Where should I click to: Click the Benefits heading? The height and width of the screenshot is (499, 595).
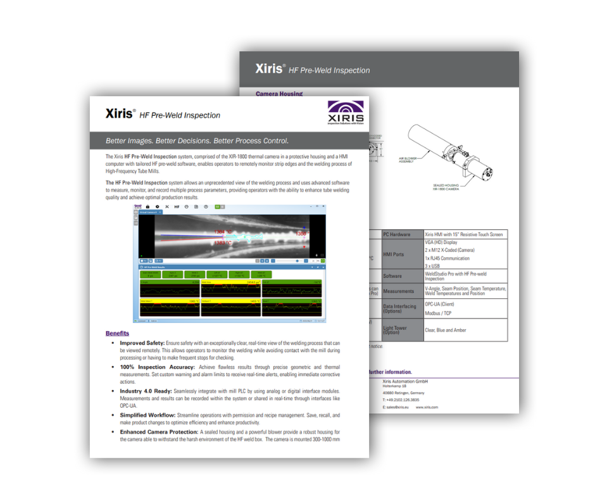pyautogui.click(x=117, y=333)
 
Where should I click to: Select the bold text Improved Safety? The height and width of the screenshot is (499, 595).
pyautogui.click(x=142, y=343)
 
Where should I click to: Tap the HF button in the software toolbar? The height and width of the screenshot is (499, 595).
pyautogui.click(x=177, y=206)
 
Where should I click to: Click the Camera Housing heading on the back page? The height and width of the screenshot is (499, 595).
pyautogui.click(x=279, y=94)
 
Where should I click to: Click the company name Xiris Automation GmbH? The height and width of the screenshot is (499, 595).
pyautogui.click(x=405, y=381)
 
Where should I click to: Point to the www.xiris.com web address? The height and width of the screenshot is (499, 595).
pyautogui.click(x=427, y=407)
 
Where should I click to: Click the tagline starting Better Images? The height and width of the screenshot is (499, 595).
pyautogui.click(x=198, y=141)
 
